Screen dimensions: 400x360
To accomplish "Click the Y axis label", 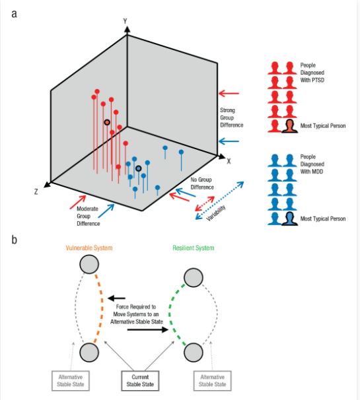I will (x=125, y=20).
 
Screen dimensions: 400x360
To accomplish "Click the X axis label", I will (x=228, y=160).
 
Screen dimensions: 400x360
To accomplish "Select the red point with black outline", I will (x=106, y=122).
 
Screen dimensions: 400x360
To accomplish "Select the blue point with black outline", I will (x=139, y=168).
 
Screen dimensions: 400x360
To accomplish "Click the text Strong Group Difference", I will (x=232, y=117).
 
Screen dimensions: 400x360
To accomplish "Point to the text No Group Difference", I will (x=203, y=182).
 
